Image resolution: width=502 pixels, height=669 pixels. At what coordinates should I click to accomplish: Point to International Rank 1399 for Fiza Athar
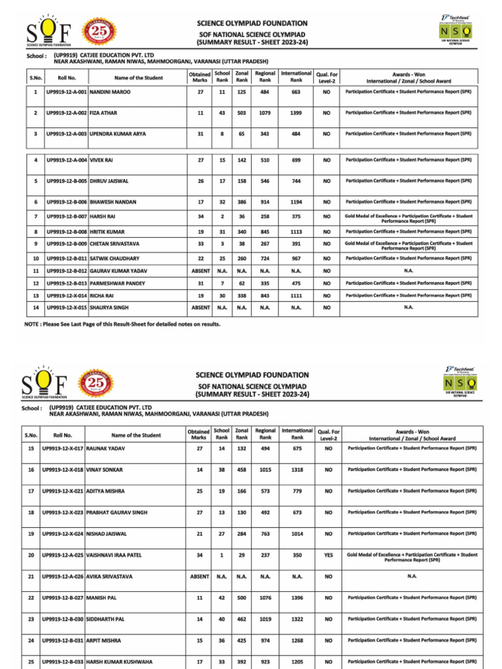(296, 113)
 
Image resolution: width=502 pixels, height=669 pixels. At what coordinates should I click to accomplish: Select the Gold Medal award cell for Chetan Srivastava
(409, 245)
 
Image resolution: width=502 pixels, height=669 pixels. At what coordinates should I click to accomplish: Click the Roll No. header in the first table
(66, 78)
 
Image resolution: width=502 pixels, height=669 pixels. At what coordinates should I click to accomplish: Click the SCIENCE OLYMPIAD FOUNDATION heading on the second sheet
(252, 375)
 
